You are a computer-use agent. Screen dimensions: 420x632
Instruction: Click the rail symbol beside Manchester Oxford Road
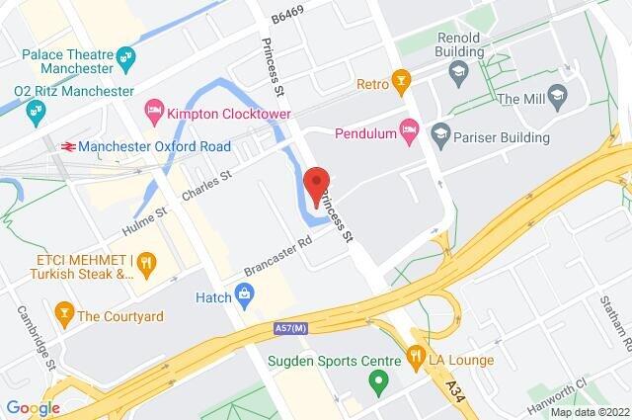click(x=66, y=146)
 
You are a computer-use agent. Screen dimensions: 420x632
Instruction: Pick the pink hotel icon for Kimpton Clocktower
click(x=153, y=108)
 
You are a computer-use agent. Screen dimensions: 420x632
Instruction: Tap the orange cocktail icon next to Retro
click(x=400, y=79)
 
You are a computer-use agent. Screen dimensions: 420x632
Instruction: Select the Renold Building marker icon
click(x=457, y=70)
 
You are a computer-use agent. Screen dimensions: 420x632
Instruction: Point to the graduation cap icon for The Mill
click(x=559, y=98)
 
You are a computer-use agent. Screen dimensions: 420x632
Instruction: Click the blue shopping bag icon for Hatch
click(x=243, y=294)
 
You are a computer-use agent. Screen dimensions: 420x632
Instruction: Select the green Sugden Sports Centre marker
click(x=376, y=379)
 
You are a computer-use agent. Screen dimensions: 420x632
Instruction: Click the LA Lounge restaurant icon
click(x=417, y=359)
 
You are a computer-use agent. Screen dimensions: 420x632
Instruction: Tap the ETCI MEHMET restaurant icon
click(x=146, y=262)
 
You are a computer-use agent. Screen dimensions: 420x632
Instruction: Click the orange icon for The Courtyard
click(x=64, y=316)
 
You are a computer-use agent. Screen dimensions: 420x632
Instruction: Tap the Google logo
click(x=33, y=407)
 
